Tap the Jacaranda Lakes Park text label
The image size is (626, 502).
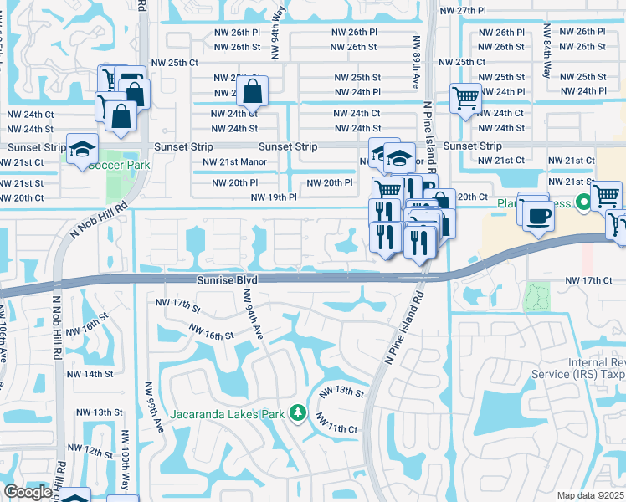pyautogui.click(x=228, y=413)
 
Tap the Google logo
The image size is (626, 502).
pyautogui.click(x=27, y=493)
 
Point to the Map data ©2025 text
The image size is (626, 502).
pyautogui.click(x=590, y=495)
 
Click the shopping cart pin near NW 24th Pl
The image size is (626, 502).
pyautogui.click(x=464, y=98)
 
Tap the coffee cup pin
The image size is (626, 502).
pyautogui.click(x=537, y=216)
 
